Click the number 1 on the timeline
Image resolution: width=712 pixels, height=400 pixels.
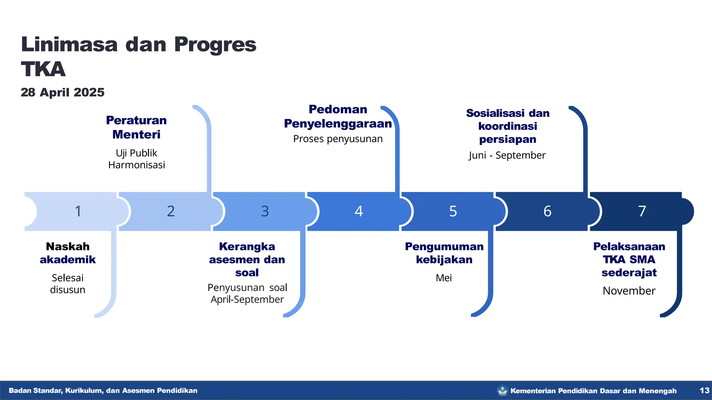pos(78,211)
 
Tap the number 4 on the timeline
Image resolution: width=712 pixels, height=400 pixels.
pos(359,211)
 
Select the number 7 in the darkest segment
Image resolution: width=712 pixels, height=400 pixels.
pos(642,211)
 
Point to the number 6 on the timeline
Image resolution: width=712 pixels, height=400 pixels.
pos(547,211)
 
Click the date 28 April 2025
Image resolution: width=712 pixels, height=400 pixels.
pos(63,92)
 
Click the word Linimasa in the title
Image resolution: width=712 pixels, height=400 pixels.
pos(69,45)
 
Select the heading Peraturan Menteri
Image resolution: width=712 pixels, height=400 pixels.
pos(136,127)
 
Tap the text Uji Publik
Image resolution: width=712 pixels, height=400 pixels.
pos(136,153)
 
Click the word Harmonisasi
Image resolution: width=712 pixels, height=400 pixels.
pos(136,165)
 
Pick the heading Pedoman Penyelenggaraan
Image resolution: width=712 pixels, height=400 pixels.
pos(338,116)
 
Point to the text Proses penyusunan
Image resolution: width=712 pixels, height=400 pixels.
pos(338,139)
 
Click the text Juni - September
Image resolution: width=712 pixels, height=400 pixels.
pos(507,155)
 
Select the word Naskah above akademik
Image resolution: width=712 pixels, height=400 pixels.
pos(68,247)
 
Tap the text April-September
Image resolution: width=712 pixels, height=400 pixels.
pos(247,299)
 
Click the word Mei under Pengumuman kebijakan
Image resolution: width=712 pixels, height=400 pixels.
pos(444,278)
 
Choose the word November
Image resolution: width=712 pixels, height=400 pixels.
pos(629,291)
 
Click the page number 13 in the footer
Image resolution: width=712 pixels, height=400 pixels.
pos(704,391)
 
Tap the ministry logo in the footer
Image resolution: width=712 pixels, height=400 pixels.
pos(502,391)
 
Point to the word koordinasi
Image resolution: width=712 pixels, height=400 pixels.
pos(508,126)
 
